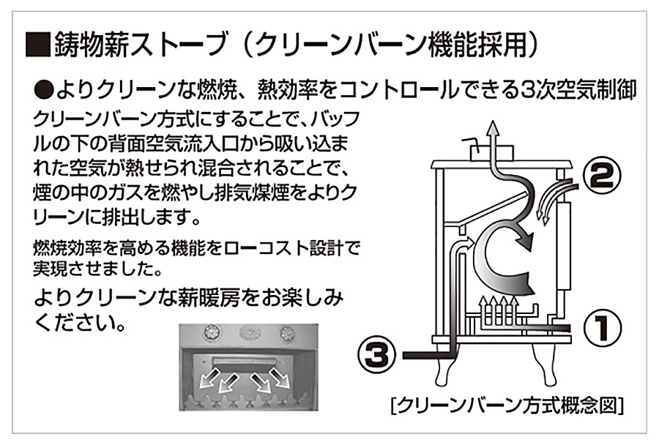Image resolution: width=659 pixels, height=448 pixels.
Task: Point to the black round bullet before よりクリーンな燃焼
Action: coord(45,92)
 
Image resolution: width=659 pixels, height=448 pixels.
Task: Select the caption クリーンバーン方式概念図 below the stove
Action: coord(508,405)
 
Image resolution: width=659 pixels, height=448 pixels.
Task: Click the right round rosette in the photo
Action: coord(286,332)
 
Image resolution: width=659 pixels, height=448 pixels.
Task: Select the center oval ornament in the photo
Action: coord(249,332)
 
